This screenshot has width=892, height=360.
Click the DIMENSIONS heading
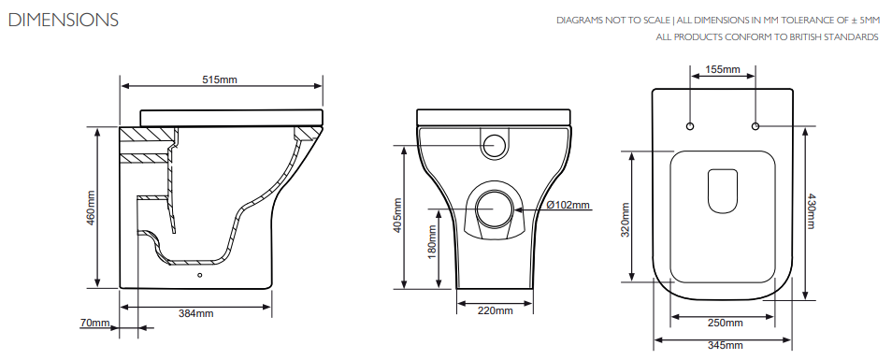(x=64, y=21)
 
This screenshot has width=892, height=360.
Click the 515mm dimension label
(x=220, y=79)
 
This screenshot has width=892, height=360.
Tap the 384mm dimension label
(x=196, y=313)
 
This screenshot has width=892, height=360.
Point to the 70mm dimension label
(x=94, y=323)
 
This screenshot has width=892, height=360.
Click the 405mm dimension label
(x=397, y=215)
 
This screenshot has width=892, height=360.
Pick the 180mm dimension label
(x=432, y=242)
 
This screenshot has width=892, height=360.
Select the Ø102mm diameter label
(x=568, y=205)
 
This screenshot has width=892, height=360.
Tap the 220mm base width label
(x=495, y=310)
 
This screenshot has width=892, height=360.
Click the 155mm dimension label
(x=723, y=69)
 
